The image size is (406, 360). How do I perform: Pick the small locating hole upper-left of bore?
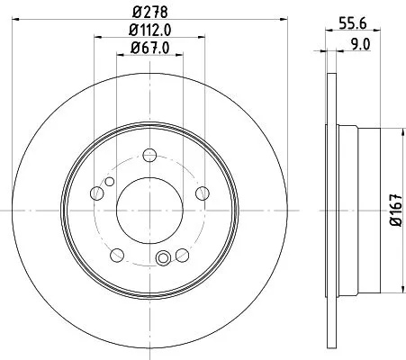(x=109, y=183)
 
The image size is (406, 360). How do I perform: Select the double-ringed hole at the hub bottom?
(x=164, y=260)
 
